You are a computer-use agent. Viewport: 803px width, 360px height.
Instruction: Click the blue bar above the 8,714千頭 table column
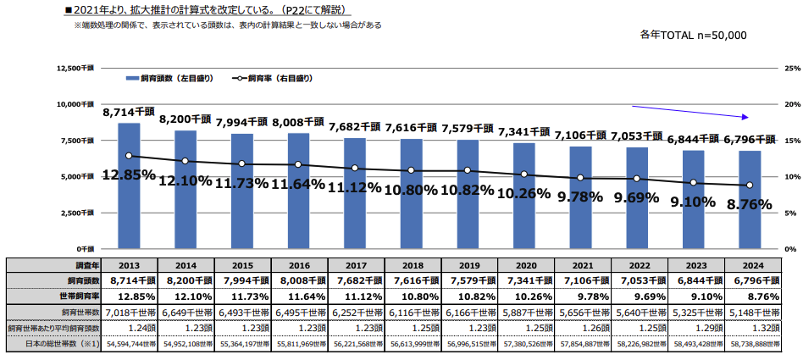coord(129,186)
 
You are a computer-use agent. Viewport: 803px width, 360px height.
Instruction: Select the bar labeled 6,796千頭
coord(750,200)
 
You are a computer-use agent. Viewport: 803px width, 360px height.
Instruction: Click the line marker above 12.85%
coord(129,156)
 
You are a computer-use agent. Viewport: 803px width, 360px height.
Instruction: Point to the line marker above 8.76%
coord(750,186)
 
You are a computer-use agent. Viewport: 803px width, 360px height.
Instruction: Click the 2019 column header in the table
coord(468,264)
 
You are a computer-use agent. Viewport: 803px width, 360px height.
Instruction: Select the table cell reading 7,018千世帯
coord(129,311)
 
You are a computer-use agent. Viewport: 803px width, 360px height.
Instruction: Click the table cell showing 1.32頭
coord(750,327)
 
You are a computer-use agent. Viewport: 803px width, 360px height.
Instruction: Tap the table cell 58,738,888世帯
coord(750,344)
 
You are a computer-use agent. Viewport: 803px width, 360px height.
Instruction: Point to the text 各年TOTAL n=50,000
coord(694,36)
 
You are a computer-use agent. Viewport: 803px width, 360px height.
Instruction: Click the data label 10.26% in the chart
coord(524,194)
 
